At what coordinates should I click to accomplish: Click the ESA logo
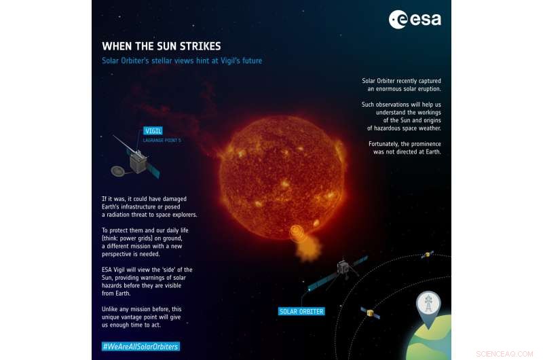(414, 20)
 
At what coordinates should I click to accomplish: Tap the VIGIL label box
(153, 130)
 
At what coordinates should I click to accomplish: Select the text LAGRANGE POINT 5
(162, 140)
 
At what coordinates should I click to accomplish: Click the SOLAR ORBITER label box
(301, 312)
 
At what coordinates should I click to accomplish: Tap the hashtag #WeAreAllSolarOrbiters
(141, 346)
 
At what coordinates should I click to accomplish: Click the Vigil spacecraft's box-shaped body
(138, 161)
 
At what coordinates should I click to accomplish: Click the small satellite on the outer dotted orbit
(427, 255)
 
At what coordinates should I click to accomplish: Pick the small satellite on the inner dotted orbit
(369, 313)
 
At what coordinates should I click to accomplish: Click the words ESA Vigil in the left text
(116, 270)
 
